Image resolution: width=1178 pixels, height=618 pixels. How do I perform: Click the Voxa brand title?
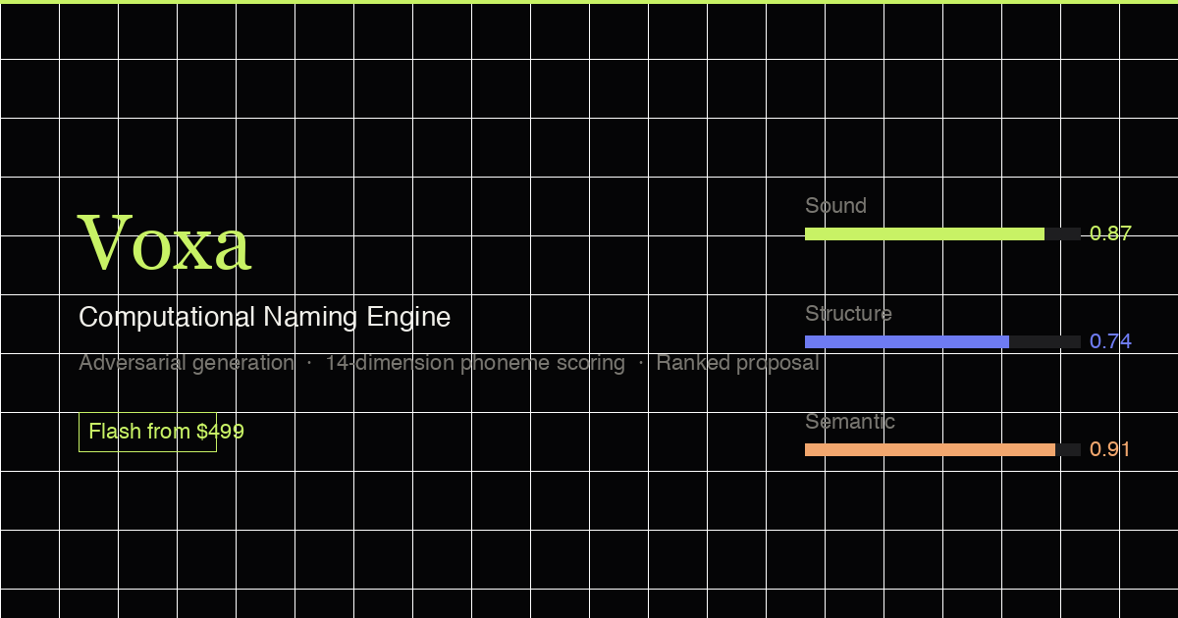[x=165, y=243]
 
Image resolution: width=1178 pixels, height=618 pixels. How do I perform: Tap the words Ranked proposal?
[x=737, y=363]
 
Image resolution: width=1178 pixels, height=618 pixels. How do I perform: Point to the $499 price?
[x=220, y=432]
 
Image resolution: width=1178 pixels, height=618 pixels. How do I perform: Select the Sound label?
[x=835, y=206]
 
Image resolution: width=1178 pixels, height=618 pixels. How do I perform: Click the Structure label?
[x=848, y=314]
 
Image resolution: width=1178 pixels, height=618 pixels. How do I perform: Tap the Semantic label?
[x=850, y=422]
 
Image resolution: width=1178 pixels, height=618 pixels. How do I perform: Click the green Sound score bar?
[x=924, y=233]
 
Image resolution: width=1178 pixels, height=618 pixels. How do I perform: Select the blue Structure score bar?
[x=906, y=341]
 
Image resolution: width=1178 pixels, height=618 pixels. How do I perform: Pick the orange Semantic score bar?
[x=930, y=449]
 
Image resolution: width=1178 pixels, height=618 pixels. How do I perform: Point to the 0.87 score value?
[x=1110, y=233]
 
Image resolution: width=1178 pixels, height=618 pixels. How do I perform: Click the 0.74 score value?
[x=1110, y=341]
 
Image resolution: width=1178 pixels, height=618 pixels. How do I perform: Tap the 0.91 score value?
[x=1110, y=449]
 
